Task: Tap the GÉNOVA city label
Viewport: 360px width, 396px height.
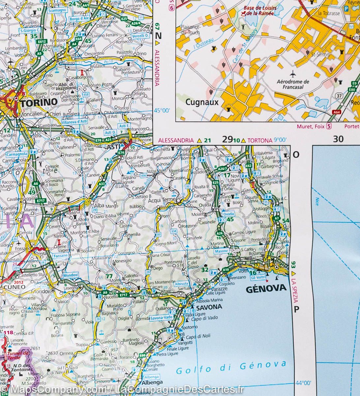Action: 266,288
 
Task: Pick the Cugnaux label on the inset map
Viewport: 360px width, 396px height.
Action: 202,102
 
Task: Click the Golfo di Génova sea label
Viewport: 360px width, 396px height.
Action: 231,368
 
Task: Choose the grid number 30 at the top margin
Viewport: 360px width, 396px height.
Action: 338,139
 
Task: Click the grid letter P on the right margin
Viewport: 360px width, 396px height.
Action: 296,309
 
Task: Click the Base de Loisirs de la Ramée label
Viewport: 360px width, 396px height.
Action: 260,11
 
